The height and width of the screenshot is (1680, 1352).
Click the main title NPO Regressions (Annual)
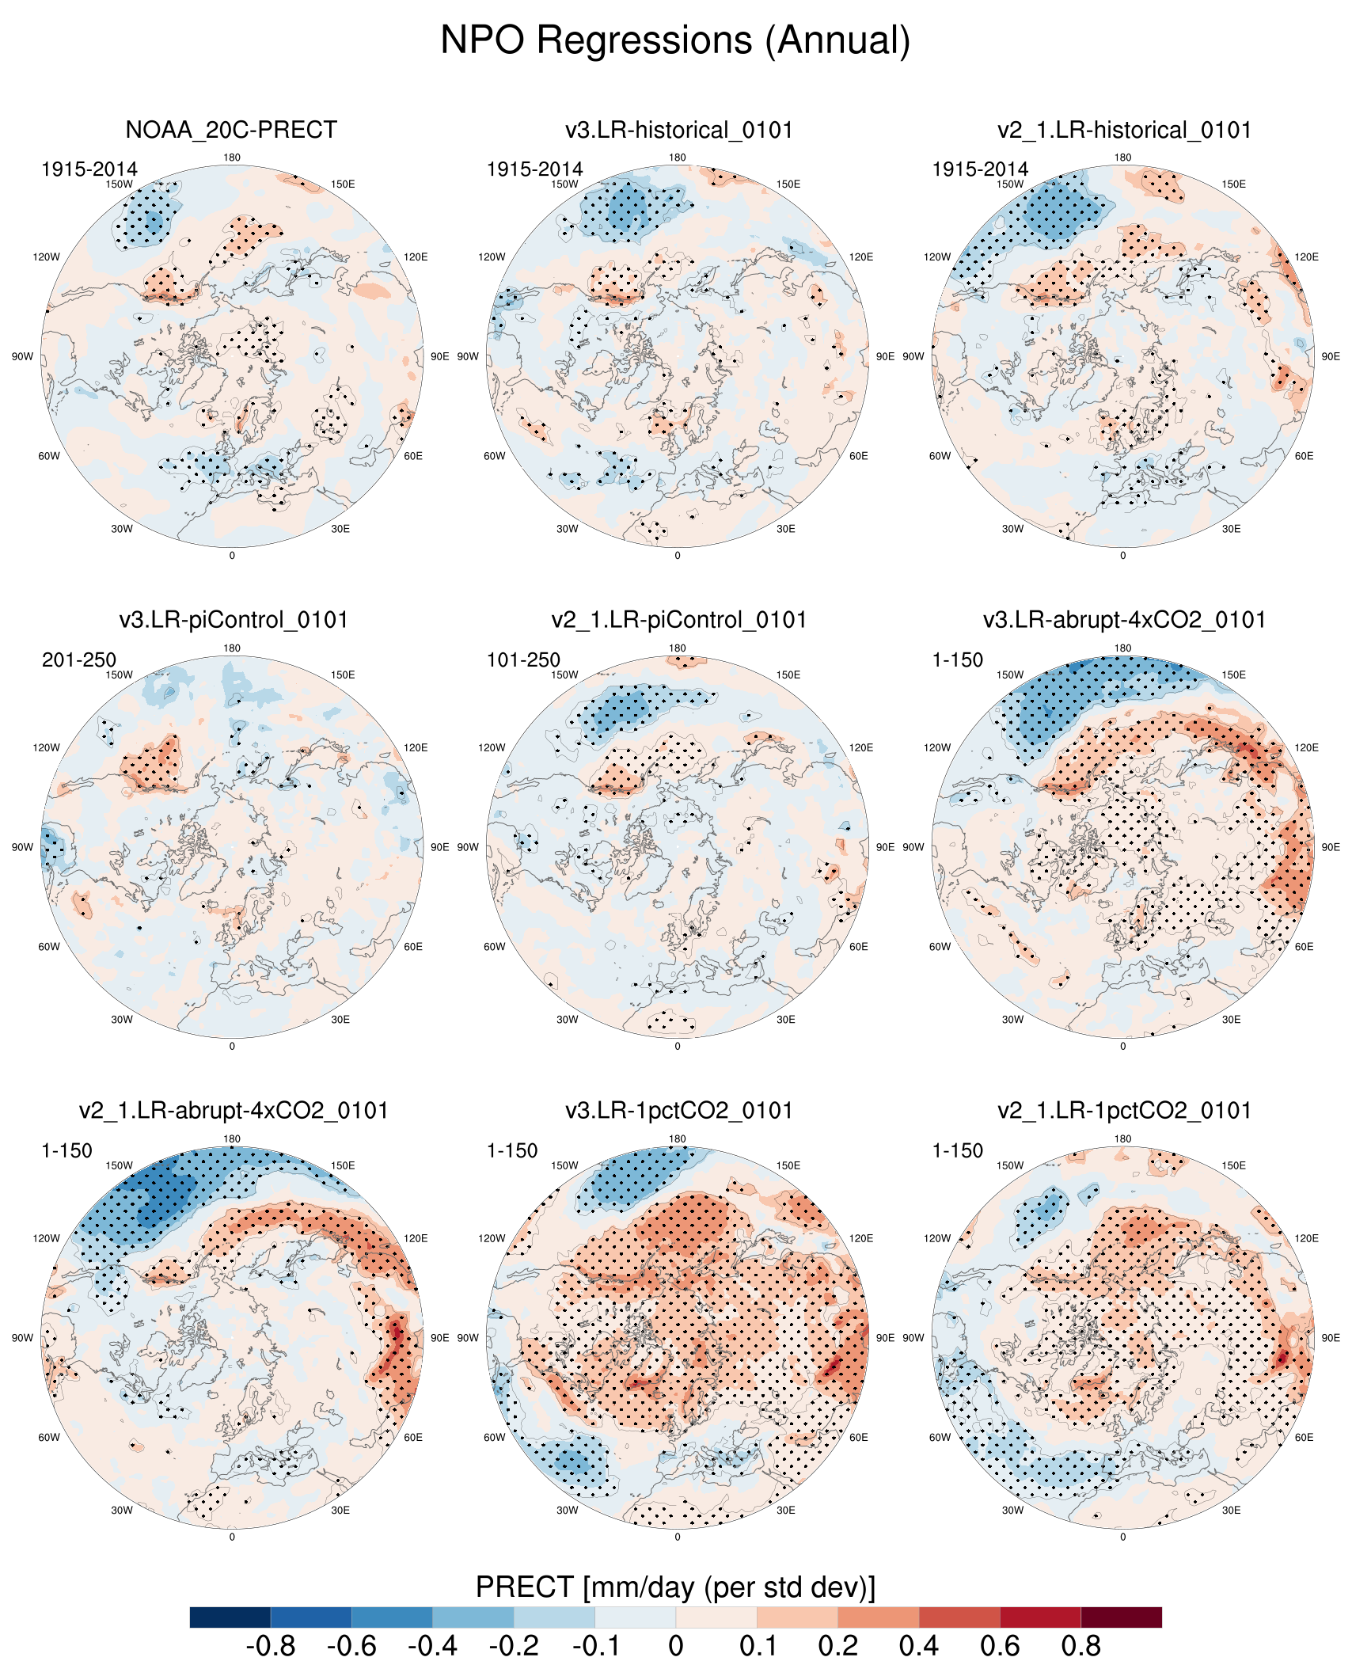(x=675, y=40)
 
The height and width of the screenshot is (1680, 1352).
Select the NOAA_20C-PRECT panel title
(x=231, y=130)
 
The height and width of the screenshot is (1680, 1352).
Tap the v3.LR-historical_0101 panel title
(x=678, y=130)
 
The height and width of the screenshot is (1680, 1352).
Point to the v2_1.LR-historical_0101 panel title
(x=1124, y=130)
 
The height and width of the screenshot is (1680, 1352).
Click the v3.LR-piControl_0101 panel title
(x=234, y=620)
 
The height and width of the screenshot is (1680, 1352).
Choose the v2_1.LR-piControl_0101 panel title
(x=678, y=620)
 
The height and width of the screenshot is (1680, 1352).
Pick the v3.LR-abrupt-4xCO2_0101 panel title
(x=1124, y=620)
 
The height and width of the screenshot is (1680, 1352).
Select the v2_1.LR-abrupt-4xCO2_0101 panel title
(x=234, y=1111)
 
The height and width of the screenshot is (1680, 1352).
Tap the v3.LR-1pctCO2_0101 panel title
(x=678, y=1111)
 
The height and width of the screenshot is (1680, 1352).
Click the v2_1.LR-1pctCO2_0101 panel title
(x=1124, y=1111)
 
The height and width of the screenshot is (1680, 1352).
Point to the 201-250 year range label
(x=79, y=659)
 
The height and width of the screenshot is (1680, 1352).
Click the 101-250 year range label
(x=523, y=659)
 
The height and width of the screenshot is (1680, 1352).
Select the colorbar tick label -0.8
(x=271, y=1647)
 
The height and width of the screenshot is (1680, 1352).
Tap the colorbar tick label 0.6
(x=1000, y=1647)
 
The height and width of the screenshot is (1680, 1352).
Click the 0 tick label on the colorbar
(x=675, y=1647)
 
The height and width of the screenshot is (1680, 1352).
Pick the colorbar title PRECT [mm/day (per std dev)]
(x=675, y=1587)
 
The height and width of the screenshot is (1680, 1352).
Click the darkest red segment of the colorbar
(x=1121, y=1617)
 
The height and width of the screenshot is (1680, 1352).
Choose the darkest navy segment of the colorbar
(x=230, y=1617)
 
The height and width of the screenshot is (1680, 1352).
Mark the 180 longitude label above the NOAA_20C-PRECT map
(x=232, y=158)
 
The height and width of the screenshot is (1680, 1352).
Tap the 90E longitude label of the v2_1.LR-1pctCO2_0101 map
(x=1331, y=1338)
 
